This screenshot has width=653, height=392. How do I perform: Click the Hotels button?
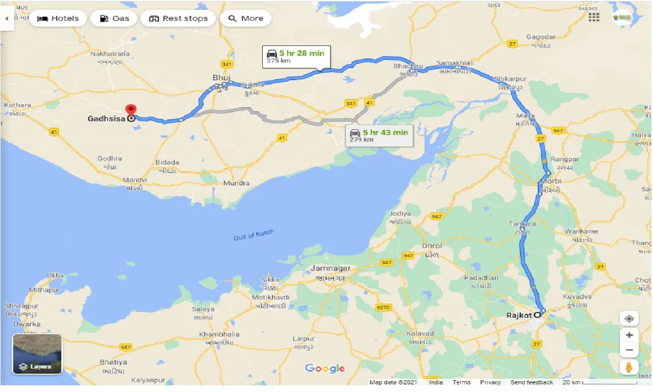[x=58, y=18]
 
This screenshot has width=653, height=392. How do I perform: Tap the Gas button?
[x=114, y=18]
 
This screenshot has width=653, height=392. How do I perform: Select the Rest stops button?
[x=178, y=18]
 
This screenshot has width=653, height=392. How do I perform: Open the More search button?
[x=245, y=18]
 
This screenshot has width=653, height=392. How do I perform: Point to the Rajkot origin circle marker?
[x=537, y=315]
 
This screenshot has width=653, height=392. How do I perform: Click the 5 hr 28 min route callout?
[x=296, y=56]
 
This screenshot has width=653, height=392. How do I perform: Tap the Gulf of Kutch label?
[x=254, y=235]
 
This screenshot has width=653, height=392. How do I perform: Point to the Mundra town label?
[x=237, y=183]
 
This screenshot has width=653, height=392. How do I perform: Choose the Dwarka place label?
[x=28, y=324]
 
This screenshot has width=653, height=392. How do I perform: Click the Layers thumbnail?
[x=37, y=354]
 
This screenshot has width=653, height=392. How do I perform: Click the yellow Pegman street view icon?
[x=629, y=366]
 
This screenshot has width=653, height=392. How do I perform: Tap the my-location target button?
[x=629, y=319]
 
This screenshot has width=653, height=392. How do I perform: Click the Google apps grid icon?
[x=594, y=17]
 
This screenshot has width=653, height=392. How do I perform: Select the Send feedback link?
[x=532, y=382]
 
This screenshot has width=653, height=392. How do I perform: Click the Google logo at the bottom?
[x=325, y=369]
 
